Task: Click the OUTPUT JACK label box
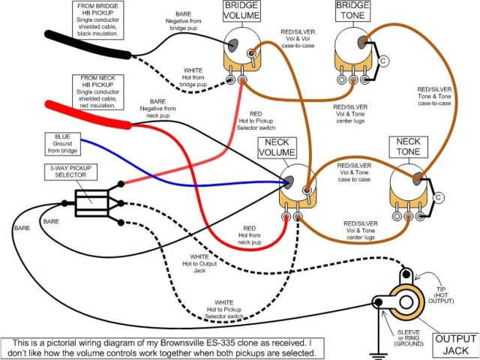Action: coord(454,344)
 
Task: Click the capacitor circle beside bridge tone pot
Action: coord(383,60)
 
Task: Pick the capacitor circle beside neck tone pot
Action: coord(439,197)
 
